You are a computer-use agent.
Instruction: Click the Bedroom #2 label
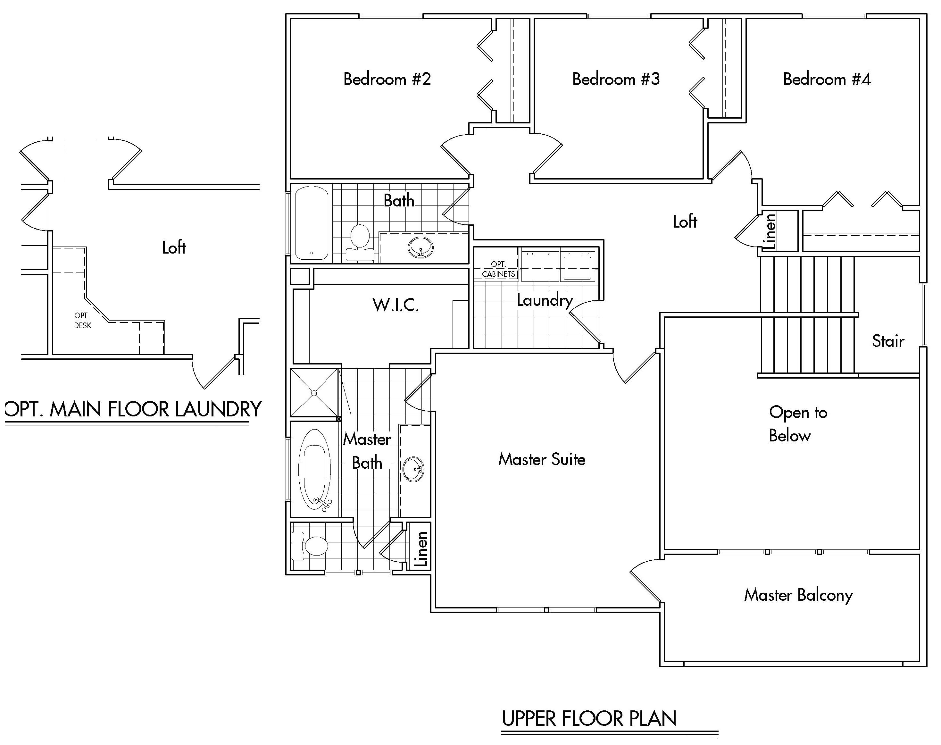pos(387,80)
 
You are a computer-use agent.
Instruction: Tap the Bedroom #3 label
pos(616,80)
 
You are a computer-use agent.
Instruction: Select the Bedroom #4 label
pos(827,80)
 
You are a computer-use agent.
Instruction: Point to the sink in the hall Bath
pos(421,248)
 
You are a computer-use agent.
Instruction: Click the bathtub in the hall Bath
pos(311,223)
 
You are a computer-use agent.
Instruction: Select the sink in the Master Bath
pos(412,469)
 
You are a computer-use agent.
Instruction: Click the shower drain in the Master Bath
pos(314,393)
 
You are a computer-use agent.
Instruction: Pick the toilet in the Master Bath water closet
pos(312,546)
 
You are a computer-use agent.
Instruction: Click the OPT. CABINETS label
pos(498,270)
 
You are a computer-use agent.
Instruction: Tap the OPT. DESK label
pos(82,320)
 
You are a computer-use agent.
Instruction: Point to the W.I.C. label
pos(396,305)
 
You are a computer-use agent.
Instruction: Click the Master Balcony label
pos(798,595)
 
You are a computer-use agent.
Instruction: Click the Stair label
pos(888,341)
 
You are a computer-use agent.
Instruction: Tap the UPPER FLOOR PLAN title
pos(589,718)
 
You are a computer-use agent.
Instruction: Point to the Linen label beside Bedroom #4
pos(770,231)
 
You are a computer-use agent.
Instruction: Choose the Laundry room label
pos(545,300)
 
